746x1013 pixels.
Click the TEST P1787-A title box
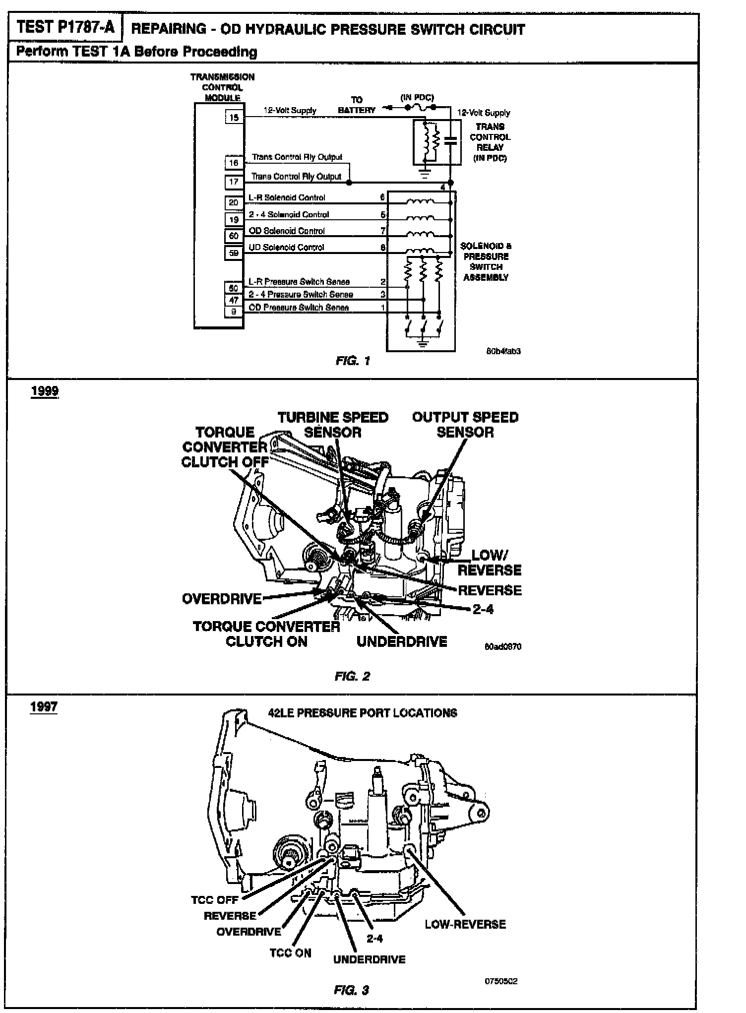pyautogui.click(x=65, y=28)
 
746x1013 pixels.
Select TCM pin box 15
pyautogui.click(x=234, y=117)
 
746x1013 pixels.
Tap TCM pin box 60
pyautogui.click(x=234, y=236)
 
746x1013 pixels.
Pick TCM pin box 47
pyautogui.click(x=234, y=300)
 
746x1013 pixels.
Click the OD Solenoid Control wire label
pyautogui.click(x=287, y=231)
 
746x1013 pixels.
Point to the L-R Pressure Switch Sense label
pyautogui.click(x=299, y=282)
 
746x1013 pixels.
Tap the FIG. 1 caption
pyautogui.click(x=353, y=361)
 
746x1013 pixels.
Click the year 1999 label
pyautogui.click(x=45, y=391)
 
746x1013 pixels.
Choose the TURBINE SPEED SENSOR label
pyautogui.click(x=333, y=425)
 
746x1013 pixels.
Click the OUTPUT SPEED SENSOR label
pyautogui.click(x=465, y=425)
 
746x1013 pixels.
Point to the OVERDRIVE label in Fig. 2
pyautogui.click(x=222, y=599)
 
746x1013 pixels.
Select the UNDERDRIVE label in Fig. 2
pyautogui.click(x=402, y=641)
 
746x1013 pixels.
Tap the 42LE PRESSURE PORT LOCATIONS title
pyautogui.click(x=363, y=713)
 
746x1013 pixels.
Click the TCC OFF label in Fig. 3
pyautogui.click(x=214, y=899)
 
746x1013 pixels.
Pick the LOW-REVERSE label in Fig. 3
pyautogui.click(x=465, y=924)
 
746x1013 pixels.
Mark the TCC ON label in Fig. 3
pyautogui.click(x=290, y=952)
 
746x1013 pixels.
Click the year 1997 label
pyautogui.click(x=44, y=706)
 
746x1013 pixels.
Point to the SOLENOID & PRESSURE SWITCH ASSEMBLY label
pyautogui.click(x=486, y=261)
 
